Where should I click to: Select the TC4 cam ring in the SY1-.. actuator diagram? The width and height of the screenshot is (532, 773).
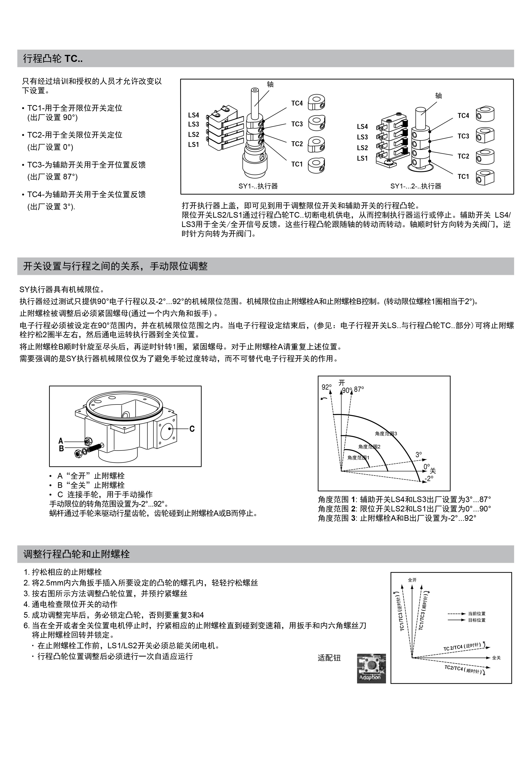point(316,102)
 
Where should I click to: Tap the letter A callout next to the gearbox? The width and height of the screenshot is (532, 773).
point(61,441)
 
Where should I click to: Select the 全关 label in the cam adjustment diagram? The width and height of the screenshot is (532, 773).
point(496,658)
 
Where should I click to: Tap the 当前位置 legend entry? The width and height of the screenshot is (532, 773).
point(477,613)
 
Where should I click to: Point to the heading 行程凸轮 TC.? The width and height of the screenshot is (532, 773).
point(53,59)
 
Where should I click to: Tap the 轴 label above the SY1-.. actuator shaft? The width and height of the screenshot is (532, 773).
point(270,84)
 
